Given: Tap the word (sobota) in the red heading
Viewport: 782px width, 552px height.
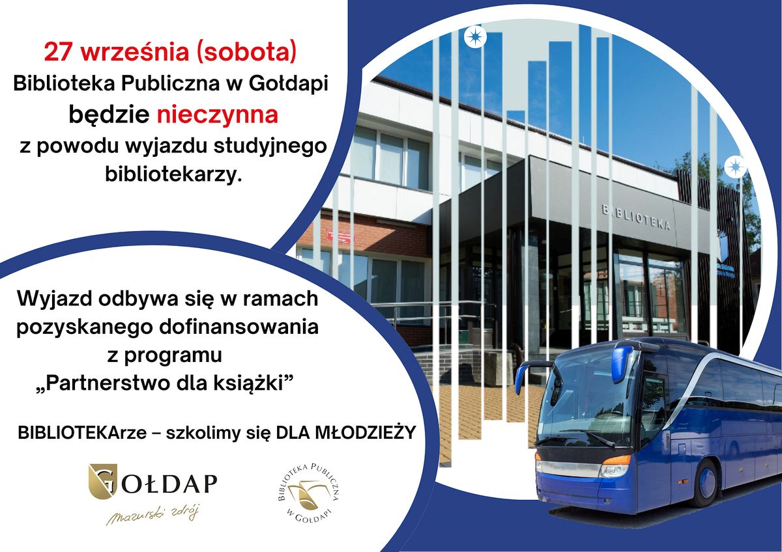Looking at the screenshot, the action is pyautogui.click(x=246, y=52).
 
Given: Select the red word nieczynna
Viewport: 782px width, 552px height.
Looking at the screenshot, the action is pyautogui.click(x=218, y=115).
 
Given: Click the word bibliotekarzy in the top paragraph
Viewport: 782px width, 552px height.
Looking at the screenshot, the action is pyautogui.click(x=173, y=174).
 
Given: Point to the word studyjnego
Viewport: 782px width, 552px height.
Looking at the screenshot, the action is pyautogui.click(x=270, y=146).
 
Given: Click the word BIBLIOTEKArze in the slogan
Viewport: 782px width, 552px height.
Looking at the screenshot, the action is pyautogui.click(x=82, y=434).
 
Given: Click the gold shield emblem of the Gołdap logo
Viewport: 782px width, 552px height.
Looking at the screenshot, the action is pyautogui.click(x=103, y=481).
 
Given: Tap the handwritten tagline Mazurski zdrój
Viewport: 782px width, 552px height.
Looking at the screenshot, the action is pyautogui.click(x=152, y=515).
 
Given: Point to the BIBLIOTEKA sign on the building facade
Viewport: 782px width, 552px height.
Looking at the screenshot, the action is pyautogui.click(x=636, y=218).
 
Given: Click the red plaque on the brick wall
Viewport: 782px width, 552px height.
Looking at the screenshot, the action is pyautogui.click(x=340, y=237).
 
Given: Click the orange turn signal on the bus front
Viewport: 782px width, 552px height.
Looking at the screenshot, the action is pyautogui.click(x=617, y=460).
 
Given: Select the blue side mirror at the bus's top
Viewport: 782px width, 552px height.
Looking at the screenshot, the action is pyautogui.click(x=622, y=357).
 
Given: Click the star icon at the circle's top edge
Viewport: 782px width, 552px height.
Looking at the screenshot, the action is pyautogui.click(x=475, y=36).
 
